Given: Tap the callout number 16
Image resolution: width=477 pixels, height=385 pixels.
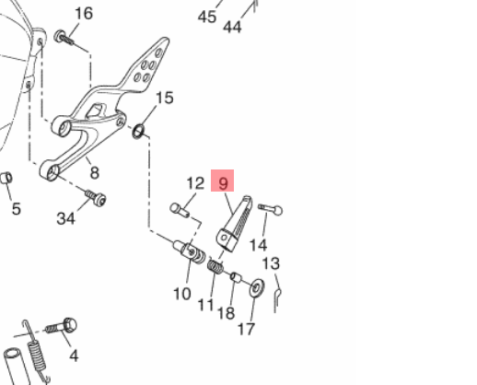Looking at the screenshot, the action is [84, 14].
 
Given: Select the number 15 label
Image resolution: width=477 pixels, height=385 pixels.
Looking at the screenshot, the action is [165, 98].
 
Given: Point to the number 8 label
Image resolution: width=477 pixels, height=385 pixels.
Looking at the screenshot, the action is [95, 173].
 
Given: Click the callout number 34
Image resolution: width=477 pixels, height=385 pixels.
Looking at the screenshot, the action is [65, 218].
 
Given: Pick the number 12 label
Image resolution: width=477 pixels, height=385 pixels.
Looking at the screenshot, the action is [195, 183].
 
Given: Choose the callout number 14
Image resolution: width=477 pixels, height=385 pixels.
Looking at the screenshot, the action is [258, 245].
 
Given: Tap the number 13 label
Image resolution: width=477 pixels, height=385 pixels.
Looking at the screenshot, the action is [271, 263].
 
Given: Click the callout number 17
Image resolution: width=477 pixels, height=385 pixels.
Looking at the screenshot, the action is [246, 329].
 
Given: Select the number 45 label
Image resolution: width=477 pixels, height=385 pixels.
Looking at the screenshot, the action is [207, 17].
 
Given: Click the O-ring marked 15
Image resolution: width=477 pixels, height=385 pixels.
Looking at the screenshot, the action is [138, 132].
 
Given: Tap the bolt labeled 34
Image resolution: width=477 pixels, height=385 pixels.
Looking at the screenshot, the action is [96, 198].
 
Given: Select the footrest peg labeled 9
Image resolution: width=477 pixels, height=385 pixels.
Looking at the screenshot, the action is [235, 223].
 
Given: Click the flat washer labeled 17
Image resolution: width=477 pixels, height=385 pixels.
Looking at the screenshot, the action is [257, 287].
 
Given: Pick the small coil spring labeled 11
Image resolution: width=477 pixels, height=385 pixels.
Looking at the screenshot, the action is [215, 266].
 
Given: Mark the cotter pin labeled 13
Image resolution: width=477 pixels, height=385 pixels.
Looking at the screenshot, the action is [277, 300].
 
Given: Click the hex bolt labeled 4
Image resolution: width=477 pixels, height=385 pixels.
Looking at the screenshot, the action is [62, 327].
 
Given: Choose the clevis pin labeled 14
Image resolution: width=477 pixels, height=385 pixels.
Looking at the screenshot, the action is [270, 209].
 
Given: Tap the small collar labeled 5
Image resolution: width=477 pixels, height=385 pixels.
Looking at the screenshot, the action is [6, 178].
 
